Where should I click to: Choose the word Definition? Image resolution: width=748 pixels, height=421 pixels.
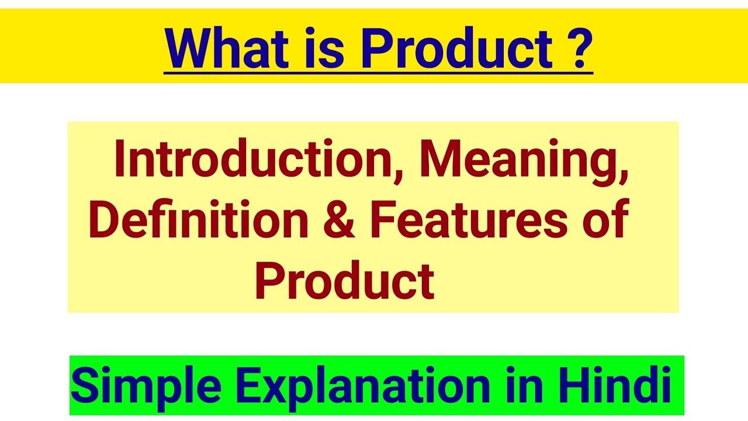click(198, 219)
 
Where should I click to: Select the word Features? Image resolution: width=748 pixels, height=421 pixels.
click(468, 219)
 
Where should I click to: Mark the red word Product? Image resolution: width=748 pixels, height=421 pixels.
click(344, 280)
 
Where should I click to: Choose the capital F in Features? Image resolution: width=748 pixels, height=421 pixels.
click(382, 219)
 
